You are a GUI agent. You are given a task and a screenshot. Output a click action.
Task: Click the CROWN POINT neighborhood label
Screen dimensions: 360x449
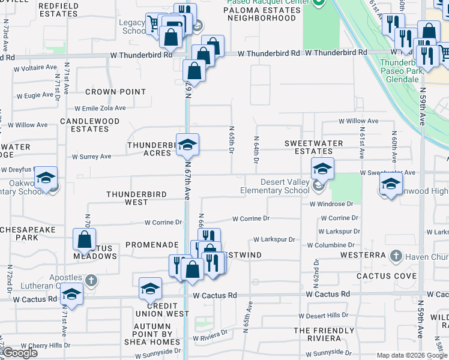point(115,92)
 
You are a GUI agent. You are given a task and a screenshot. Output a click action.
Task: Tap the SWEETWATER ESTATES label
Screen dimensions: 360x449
point(313,148)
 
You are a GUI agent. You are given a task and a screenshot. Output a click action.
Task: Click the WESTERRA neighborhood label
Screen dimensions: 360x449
point(362,255)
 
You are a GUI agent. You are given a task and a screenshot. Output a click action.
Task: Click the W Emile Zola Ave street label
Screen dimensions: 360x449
point(100,109)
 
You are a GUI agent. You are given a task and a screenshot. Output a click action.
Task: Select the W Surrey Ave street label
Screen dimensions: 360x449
point(91,157)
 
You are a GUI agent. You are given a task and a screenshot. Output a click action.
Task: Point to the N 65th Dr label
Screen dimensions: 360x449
point(231,139)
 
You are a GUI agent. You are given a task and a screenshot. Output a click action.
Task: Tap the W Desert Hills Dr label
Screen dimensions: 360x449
point(327,316)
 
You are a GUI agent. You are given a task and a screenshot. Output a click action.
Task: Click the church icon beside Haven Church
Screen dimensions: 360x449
point(395,257)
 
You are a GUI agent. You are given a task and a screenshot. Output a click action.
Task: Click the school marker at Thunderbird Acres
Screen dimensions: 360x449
point(187,145)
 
